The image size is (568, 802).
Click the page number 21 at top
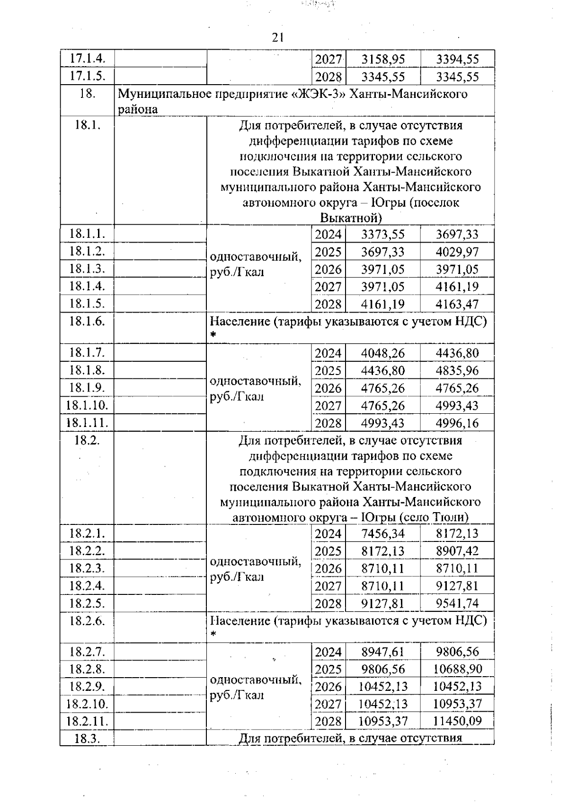pos(278,38)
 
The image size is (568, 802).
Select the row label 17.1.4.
pos(87,59)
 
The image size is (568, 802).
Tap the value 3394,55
pos(457,59)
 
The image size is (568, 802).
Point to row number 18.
pos(87,94)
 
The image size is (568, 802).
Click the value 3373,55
pos(383,234)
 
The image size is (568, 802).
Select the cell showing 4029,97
pos(457,252)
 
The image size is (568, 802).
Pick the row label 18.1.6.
pos(87,321)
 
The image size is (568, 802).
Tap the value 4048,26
pos(383,353)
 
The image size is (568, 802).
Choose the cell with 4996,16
pos(457,423)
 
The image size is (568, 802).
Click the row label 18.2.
pos(87,440)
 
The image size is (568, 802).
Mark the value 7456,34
pos(383,533)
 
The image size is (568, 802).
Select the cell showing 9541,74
pos(457,603)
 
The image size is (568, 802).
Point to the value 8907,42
pos(457,551)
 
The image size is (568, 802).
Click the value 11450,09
pos(457,721)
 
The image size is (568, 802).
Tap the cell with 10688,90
pos(457,669)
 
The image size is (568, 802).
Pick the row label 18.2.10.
pos(87,704)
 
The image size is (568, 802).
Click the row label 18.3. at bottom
pos(87,739)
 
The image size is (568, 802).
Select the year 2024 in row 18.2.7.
pos(328,652)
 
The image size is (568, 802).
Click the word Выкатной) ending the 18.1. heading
pos(351,218)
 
